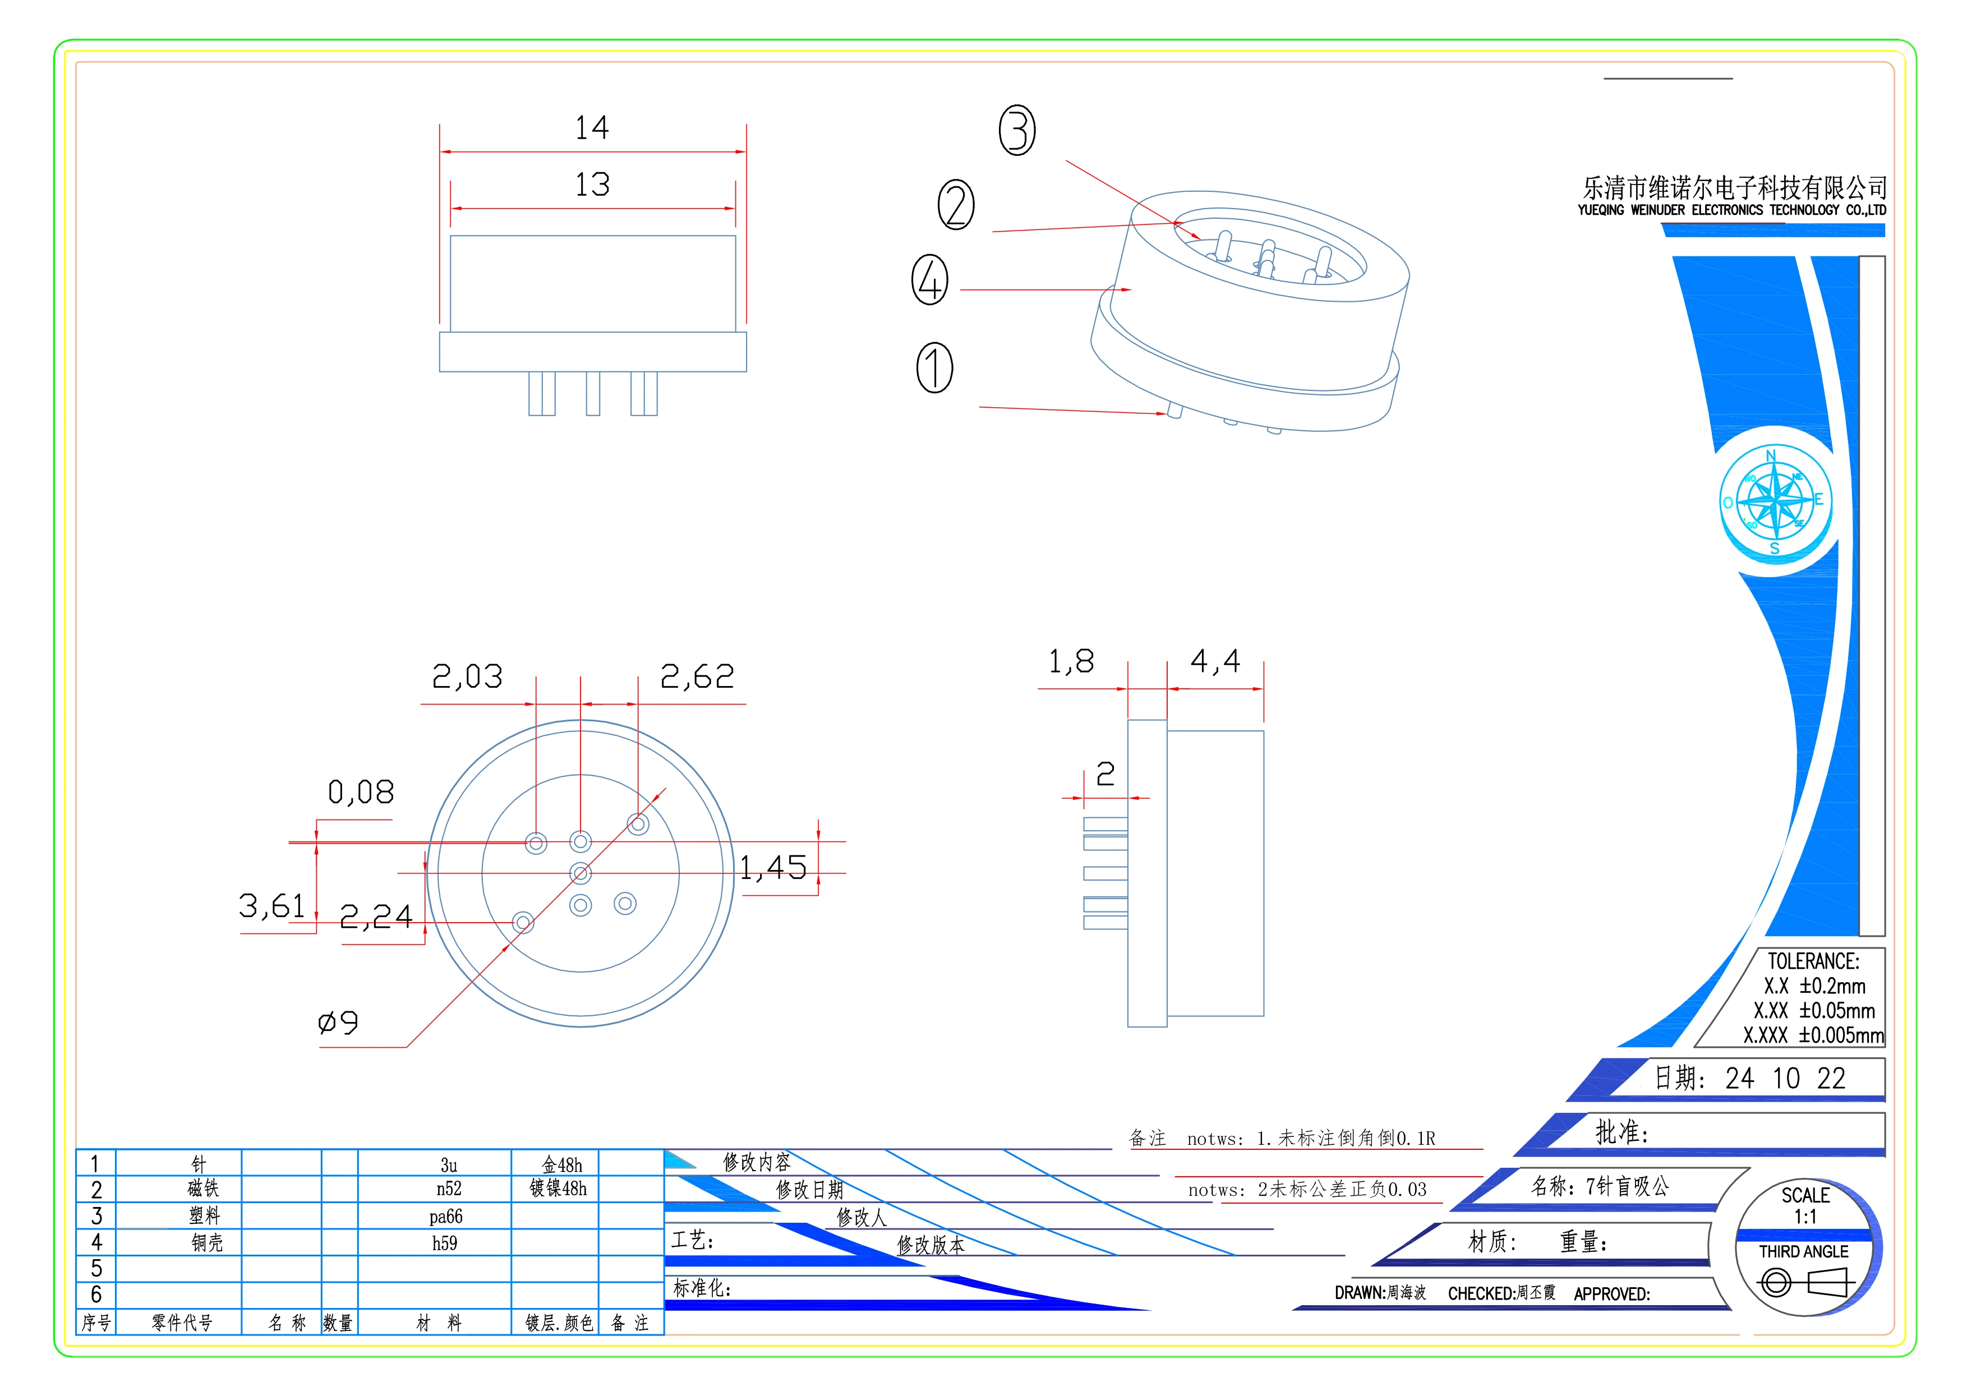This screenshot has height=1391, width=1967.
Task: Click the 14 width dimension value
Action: pos(592,128)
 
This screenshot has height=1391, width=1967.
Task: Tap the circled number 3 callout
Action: pos(1017,130)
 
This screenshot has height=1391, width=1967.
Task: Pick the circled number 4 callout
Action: pos(929,280)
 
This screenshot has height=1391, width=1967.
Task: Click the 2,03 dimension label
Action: pos(467,676)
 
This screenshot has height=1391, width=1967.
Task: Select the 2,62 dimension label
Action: pos(697,676)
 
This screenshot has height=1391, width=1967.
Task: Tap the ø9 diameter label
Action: pos(338,1022)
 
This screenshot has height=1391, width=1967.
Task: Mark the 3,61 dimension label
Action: pos(271,905)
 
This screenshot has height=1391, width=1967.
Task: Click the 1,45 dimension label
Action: pos(773,868)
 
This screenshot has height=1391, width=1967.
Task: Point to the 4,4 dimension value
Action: pos(1215,661)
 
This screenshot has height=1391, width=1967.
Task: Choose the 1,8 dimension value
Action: pos(1071,661)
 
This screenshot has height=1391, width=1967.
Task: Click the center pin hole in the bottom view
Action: pos(581,873)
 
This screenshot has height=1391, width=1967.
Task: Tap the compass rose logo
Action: pos(1775,501)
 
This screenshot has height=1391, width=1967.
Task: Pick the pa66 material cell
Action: pos(445,1216)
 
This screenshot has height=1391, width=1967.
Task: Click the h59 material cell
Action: pos(445,1243)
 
